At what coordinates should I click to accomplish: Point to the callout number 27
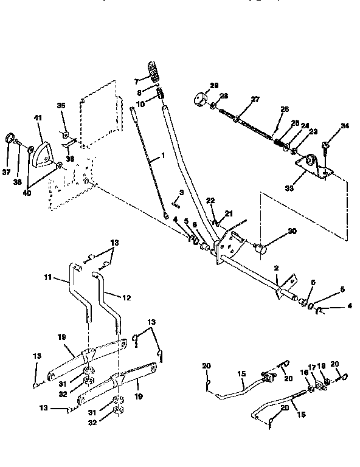click(x=255, y=99)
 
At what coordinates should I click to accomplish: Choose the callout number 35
click(x=61, y=105)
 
